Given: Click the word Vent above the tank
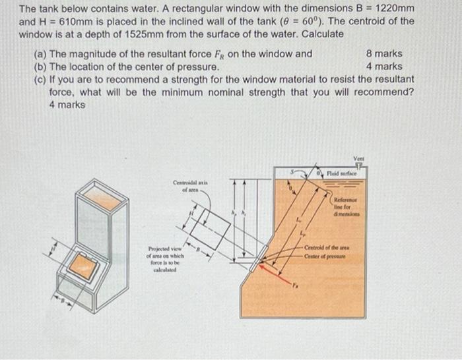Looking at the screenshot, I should [358, 159].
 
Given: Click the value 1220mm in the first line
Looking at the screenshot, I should [391, 8].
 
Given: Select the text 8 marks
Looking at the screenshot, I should [383, 53].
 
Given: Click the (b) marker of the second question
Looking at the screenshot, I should [40, 66].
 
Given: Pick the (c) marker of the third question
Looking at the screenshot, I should [40, 79].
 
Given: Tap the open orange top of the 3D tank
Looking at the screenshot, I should [102, 195].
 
